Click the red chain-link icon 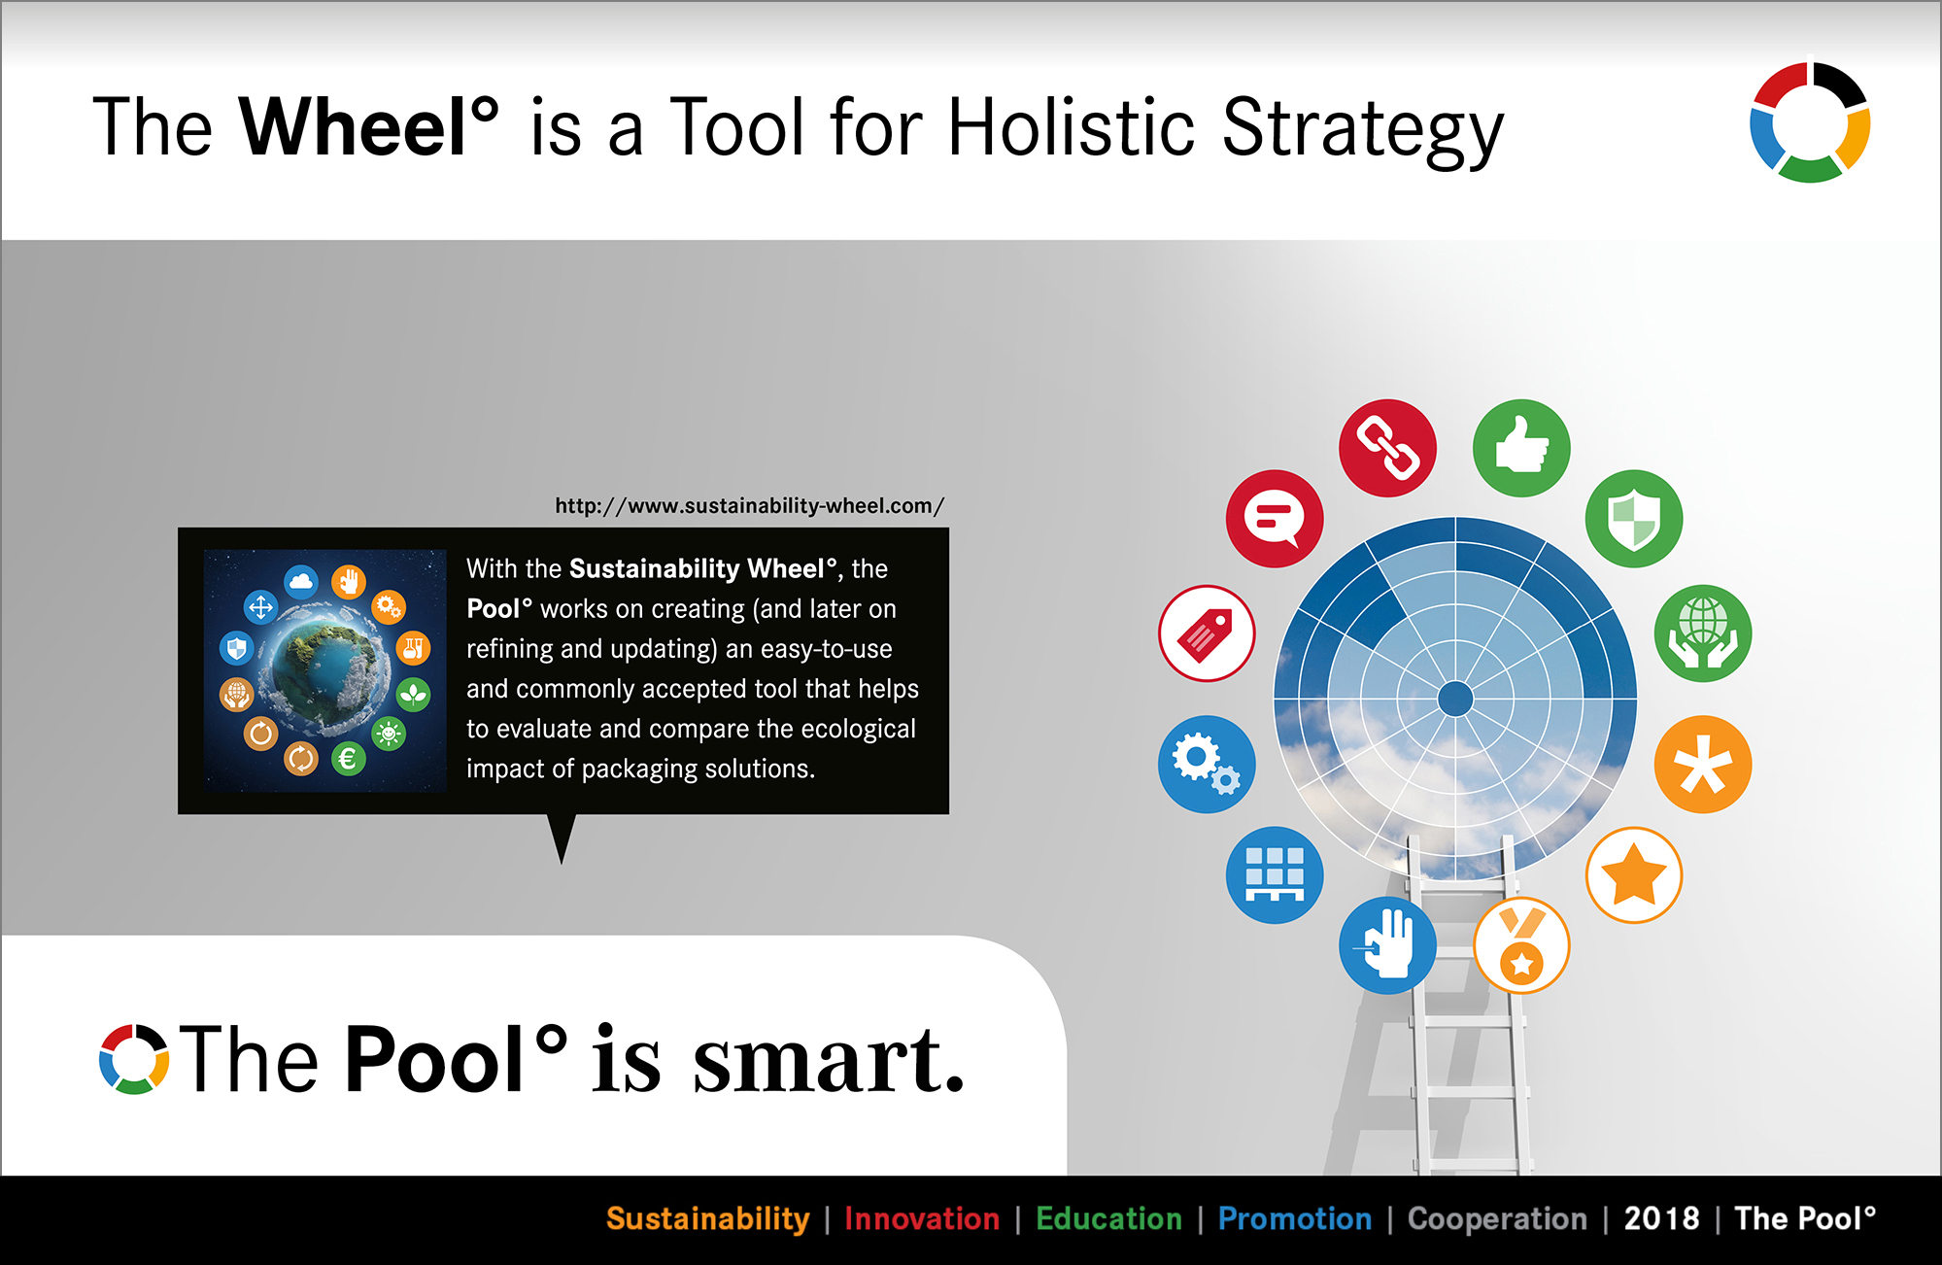pyautogui.click(x=1387, y=448)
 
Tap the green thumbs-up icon pyautogui.click(x=1521, y=448)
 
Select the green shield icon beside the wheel pyautogui.click(x=1634, y=519)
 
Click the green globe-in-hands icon pyautogui.click(x=1703, y=633)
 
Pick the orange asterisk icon pyautogui.click(x=1703, y=765)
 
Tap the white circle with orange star pyautogui.click(x=1634, y=875)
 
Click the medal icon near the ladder pyautogui.click(x=1521, y=945)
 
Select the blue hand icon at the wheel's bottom pyautogui.click(x=1387, y=945)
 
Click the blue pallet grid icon pyautogui.click(x=1275, y=875)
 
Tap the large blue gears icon pyautogui.click(x=1207, y=765)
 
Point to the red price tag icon pyautogui.click(x=1207, y=633)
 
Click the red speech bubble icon pyautogui.click(x=1275, y=519)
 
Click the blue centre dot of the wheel pyautogui.click(x=1455, y=699)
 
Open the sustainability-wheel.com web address pyautogui.click(x=749, y=506)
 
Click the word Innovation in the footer pyautogui.click(x=922, y=1218)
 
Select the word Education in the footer pyautogui.click(x=1109, y=1218)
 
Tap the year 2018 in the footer pyautogui.click(x=1662, y=1218)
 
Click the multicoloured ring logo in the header pyautogui.click(x=1810, y=122)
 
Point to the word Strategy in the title pyautogui.click(x=1363, y=130)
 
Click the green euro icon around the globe pyautogui.click(x=348, y=759)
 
